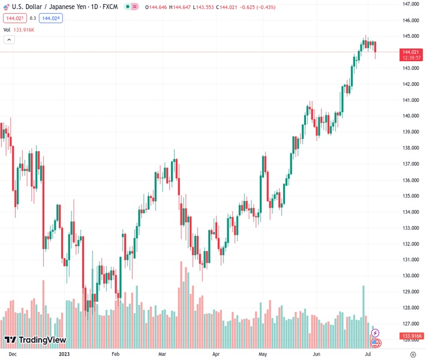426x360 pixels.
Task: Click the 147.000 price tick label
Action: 410,4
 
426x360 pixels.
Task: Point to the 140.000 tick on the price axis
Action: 410,116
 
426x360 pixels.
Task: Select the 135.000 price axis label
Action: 410,196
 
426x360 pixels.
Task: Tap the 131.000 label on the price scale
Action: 410,260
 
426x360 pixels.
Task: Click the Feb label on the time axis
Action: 116,355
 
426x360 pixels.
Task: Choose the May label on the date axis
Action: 262,355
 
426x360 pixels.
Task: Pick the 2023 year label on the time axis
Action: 65,355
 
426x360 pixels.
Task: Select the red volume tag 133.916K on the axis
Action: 413,336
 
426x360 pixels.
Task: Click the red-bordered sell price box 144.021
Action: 13,18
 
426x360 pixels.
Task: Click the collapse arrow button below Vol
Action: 9,40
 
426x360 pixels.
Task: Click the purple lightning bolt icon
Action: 376,333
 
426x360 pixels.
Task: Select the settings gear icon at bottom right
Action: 412,355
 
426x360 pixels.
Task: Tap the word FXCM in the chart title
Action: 109,7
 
